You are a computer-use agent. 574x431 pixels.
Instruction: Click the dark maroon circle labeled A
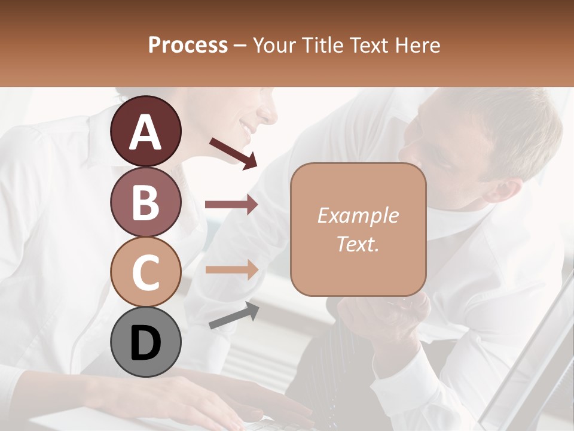tap(145, 131)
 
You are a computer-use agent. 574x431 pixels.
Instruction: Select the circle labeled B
tap(145, 202)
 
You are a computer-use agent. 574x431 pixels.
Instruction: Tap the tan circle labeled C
tap(145, 272)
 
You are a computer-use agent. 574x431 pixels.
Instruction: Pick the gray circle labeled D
tap(145, 342)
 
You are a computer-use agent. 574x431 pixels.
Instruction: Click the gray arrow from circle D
tap(234, 315)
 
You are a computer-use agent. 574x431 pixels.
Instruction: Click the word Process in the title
tap(188, 45)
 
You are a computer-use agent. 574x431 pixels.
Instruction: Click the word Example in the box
tap(358, 215)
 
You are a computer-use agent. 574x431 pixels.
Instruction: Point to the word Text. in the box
tap(358, 244)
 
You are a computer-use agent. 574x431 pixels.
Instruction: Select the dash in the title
tap(240, 45)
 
